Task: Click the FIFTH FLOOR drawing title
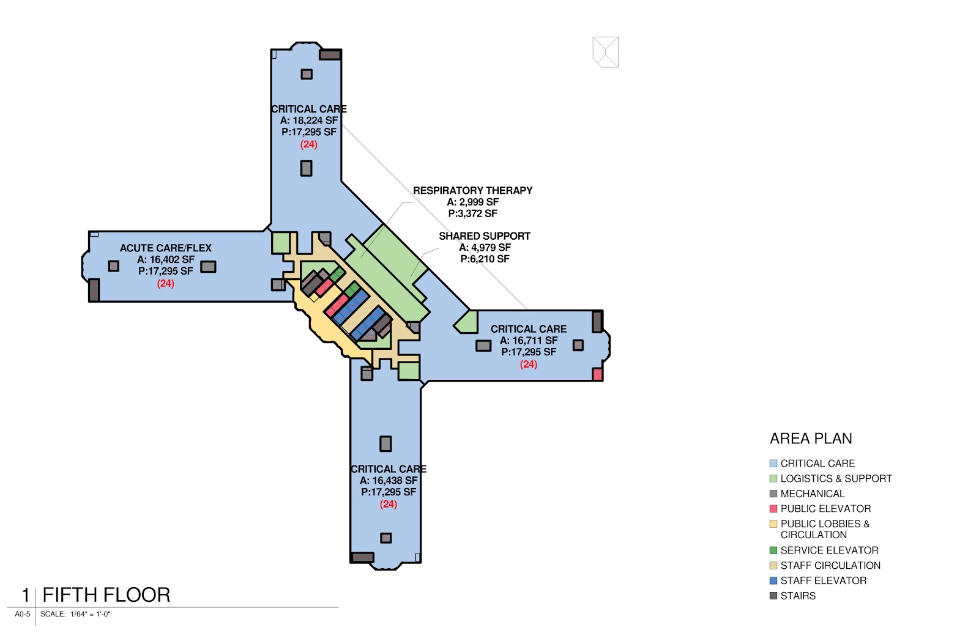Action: [106, 595]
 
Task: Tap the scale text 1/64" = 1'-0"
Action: [90, 614]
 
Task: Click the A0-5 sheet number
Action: [22, 614]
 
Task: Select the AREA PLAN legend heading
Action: [811, 439]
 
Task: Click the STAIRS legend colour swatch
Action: [773, 596]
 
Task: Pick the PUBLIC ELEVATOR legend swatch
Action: [773, 509]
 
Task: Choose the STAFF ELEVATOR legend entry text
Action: [823, 580]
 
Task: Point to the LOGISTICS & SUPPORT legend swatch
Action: [773, 479]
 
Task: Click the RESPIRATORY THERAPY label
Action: [472, 190]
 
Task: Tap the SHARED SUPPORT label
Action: [484, 236]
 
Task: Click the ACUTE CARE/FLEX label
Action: [165, 248]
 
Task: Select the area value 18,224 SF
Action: [315, 120]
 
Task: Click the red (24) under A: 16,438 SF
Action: [388, 504]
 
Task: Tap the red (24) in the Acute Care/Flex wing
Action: [165, 283]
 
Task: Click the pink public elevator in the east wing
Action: [597, 374]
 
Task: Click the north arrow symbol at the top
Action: [605, 52]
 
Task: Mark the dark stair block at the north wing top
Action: [330, 55]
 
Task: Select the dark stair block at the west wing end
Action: [94, 290]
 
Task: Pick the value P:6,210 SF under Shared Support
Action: [485, 259]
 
